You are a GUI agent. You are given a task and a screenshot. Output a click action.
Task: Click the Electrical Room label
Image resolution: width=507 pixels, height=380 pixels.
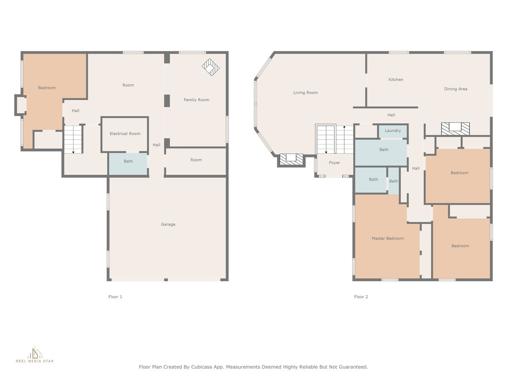(125, 133)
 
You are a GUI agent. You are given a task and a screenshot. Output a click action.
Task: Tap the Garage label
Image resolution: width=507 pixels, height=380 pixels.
(168, 224)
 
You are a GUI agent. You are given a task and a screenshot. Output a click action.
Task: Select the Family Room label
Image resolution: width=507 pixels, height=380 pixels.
(196, 100)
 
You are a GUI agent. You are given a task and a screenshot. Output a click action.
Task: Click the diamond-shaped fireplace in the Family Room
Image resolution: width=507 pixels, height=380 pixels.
(211, 67)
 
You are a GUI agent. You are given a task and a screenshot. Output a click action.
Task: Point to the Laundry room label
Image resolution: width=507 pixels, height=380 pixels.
(393, 130)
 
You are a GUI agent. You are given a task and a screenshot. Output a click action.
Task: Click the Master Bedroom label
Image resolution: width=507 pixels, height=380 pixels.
(387, 238)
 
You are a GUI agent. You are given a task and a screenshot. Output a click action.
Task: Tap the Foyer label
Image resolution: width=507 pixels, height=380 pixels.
(335, 163)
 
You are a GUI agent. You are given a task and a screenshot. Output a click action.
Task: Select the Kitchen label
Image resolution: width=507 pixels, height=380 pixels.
(395, 80)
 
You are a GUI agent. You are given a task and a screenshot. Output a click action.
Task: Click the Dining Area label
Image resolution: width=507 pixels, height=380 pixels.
(455, 89)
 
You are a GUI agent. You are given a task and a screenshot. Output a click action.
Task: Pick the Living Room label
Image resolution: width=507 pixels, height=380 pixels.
(305, 93)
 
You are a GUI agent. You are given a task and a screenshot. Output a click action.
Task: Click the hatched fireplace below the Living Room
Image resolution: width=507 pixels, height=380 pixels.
(291, 160)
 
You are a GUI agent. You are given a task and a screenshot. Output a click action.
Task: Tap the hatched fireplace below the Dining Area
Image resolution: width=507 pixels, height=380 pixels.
(455, 129)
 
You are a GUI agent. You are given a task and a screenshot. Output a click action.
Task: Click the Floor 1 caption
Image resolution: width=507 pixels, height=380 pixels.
(115, 297)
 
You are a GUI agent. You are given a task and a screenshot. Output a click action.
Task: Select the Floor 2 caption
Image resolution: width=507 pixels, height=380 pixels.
(361, 297)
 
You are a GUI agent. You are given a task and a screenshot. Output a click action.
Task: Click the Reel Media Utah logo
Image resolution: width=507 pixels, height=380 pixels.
(35, 355)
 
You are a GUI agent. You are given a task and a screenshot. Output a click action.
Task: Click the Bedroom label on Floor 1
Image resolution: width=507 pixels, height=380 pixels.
(46, 88)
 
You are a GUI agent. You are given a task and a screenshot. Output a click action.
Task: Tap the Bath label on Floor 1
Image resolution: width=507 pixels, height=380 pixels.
(128, 161)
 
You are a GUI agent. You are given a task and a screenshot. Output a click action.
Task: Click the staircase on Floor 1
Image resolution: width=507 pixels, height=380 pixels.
(73, 139)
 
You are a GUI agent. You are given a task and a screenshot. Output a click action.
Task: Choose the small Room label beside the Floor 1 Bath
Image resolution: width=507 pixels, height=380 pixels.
(196, 160)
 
